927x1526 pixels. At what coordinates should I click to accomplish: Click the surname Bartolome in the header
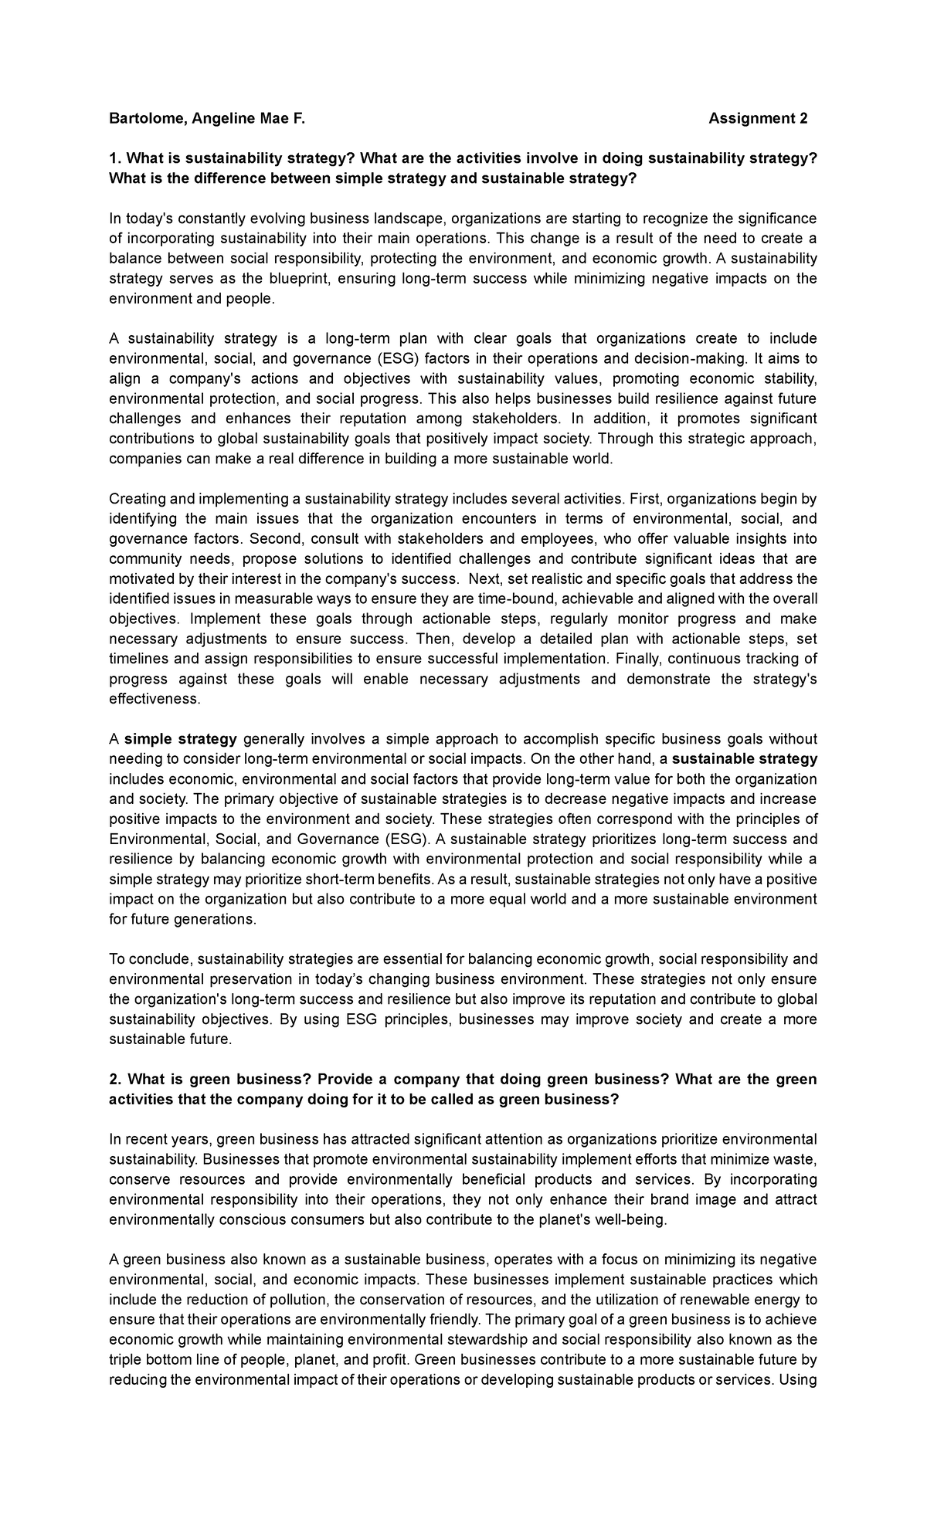(x=143, y=118)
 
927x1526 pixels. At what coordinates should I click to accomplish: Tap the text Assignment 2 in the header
(x=757, y=118)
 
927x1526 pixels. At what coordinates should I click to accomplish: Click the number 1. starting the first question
(x=115, y=158)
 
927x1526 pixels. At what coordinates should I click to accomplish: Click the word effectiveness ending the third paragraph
(x=154, y=699)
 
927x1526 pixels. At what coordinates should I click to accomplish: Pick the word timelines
(x=138, y=659)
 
